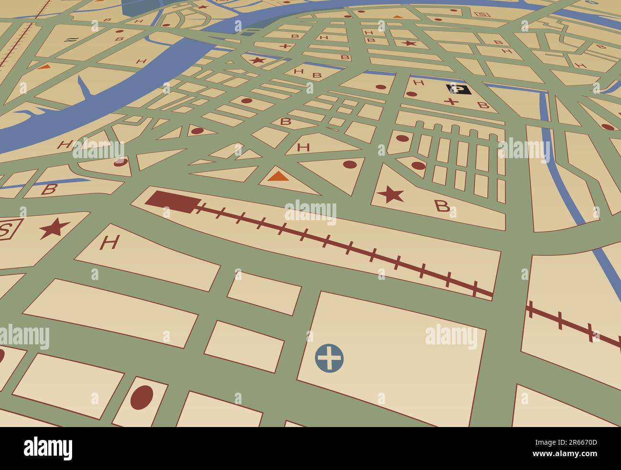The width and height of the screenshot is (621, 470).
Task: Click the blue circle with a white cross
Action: pos(330,357)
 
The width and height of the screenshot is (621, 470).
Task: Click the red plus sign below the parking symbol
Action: pos(451,102)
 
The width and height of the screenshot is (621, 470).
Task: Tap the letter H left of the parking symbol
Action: pos(418,83)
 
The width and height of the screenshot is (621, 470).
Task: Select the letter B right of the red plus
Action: pos(483,105)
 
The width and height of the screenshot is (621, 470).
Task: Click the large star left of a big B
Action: pos(390,195)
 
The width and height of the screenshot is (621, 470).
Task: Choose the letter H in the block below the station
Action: pos(109,243)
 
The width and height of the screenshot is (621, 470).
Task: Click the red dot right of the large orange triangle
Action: pos(350,164)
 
